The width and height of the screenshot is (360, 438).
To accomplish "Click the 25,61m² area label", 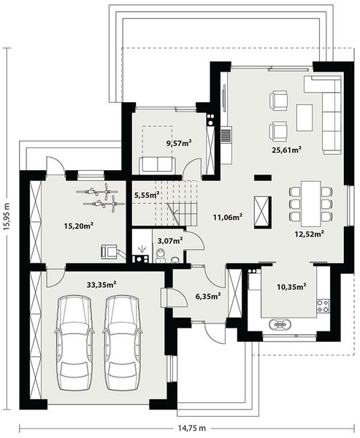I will click(x=287, y=150).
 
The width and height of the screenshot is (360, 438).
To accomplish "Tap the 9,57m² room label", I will click(x=179, y=143).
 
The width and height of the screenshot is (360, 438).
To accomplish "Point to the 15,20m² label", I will click(x=78, y=226).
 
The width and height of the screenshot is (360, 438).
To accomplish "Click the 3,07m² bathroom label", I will click(x=170, y=239).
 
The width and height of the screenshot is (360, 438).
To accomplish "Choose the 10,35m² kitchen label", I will click(x=292, y=288).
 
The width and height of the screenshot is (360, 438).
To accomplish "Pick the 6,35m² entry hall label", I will click(x=208, y=296).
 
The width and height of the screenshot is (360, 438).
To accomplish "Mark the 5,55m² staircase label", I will click(x=148, y=195).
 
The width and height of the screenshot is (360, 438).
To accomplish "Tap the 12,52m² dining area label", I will click(x=309, y=234).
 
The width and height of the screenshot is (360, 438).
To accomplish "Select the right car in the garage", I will click(x=120, y=342).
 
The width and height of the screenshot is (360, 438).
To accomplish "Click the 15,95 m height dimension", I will click(x=7, y=217).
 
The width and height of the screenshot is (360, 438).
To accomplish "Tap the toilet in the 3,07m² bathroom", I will click(x=161, y=255).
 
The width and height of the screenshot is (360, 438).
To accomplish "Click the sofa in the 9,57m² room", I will click(x=158, y=164).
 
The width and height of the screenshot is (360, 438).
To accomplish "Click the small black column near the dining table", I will click(x=261, y=177).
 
